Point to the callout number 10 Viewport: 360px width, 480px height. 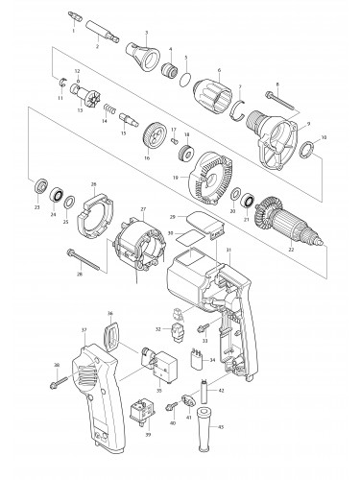(x=324, y=140)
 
